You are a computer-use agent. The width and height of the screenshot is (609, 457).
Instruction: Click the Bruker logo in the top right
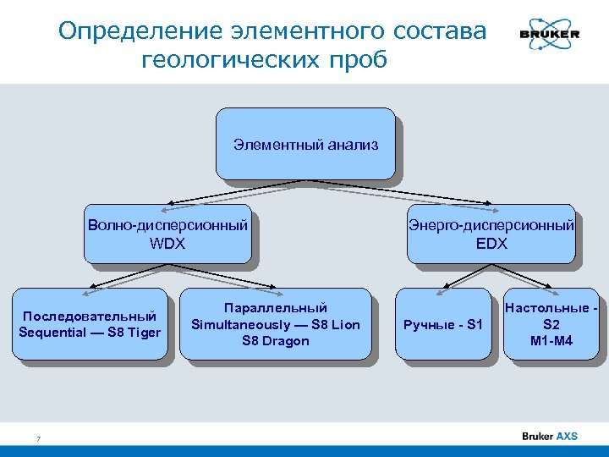point(549,33)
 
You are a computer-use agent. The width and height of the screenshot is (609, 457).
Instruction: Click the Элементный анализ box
point(305,145)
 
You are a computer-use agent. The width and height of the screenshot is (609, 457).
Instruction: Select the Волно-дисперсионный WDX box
point(167,234)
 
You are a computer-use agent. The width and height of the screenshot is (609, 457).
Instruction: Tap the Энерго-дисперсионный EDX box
point(491,234)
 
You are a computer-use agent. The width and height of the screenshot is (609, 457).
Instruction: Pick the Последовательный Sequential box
point(90,324)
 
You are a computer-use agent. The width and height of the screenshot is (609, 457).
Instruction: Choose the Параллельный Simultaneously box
point(276,324)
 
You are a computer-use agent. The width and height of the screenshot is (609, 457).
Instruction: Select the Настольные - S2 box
point(551,324)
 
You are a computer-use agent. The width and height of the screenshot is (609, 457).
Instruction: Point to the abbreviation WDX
point(167,244)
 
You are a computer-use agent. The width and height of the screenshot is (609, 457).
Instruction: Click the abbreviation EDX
point(491,244)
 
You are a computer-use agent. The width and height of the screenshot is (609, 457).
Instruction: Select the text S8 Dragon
point(276,341)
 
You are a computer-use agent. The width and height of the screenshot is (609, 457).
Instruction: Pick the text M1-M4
point(551,341)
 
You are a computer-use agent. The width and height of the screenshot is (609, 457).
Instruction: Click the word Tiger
point(143,332)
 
